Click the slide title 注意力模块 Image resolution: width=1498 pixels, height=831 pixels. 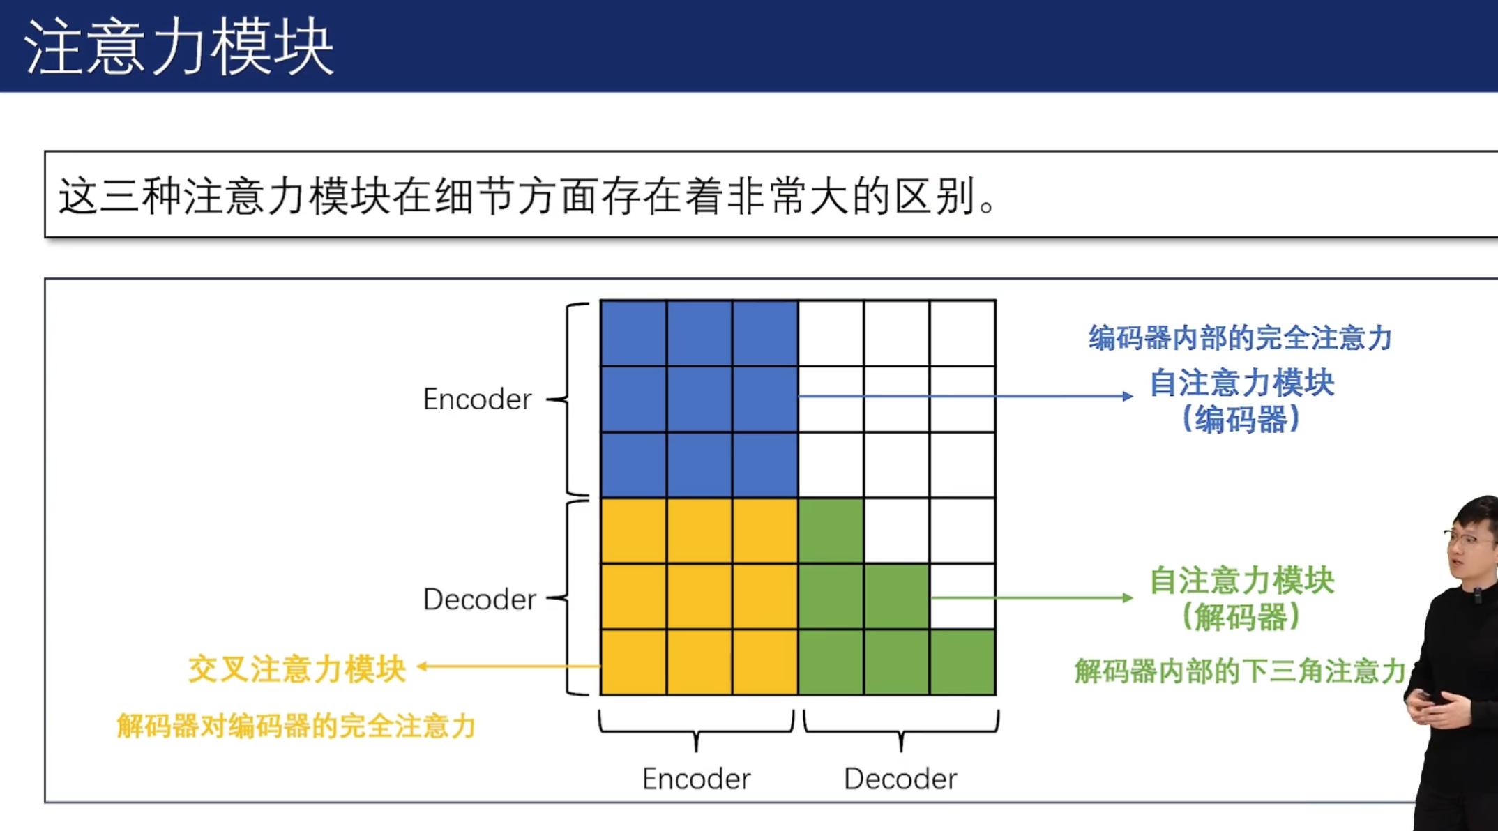pyautogui.click(x=179, y=47)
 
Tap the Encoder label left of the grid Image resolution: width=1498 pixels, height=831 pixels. pyautogui.click(x=477, y=399)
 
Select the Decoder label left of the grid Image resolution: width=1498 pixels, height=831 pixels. pyautogui.click(x=479, y=600)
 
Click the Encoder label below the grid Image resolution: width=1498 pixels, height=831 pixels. pyautogui.click(x=696, y=779)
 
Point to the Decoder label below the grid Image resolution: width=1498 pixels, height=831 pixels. pyautogui.click(x=900, y=779)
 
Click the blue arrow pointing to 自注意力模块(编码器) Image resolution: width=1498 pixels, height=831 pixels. pyautogui.click(x=966, y=396)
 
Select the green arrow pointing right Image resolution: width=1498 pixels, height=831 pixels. pyautogui.click(x=1032, y=597)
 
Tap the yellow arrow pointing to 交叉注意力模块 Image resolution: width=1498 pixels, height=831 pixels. pyautogui.click(x=508, y=666)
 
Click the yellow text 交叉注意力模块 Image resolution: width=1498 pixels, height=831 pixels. pyautogui.click(x=297, y=669)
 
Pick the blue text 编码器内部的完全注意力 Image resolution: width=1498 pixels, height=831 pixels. pyautogui.click(x=1241, y=337)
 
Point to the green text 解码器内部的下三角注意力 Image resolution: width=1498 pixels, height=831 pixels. pyautogui.click(x=1240, y=671)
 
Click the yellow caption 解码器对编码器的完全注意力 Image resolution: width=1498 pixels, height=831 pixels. pyautogui.click(x=296, y=726)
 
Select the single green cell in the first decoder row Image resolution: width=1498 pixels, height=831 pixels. pyautogui.click(x=831, y=531)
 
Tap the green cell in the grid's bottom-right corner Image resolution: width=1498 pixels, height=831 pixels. pyautogui.click(x=962, y=662)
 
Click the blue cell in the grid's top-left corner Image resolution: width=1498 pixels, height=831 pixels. pyautogui.click(x=633, y=333)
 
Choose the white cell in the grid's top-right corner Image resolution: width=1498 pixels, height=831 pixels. pyautogui.click(x=962, y=333)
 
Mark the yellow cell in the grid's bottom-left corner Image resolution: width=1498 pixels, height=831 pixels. pyautogui.click(x=633, y=662)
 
